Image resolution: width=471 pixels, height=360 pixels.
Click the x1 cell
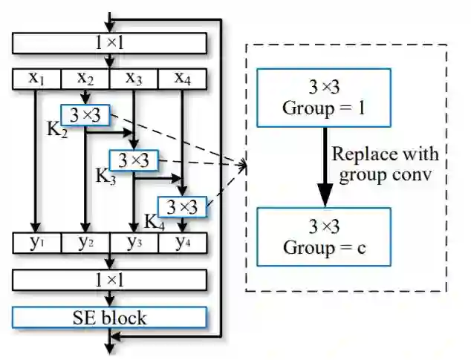(37, 78)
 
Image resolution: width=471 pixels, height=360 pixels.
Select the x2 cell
(85, 78)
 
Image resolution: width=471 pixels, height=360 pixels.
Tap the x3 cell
(134, 78)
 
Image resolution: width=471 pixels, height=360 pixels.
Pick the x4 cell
(182, 78)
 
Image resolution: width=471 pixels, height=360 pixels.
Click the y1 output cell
(37, 242)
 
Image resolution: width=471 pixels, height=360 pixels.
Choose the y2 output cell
(85, 242)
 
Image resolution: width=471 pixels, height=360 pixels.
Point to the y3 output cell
(134, 242)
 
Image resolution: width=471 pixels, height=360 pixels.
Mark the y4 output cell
(182, 242)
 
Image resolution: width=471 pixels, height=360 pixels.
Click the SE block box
(109, 318)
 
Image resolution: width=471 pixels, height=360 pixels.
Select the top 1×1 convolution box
(109, 43)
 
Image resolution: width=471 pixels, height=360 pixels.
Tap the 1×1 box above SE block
(109, 280)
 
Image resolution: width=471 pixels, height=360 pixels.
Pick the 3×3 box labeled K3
(134, 160)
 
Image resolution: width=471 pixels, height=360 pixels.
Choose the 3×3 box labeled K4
(182, 206)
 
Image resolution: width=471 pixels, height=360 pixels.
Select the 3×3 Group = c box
(323, 235)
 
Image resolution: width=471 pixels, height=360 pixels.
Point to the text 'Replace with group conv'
(385, 164)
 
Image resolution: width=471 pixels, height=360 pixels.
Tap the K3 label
(105, 177)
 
